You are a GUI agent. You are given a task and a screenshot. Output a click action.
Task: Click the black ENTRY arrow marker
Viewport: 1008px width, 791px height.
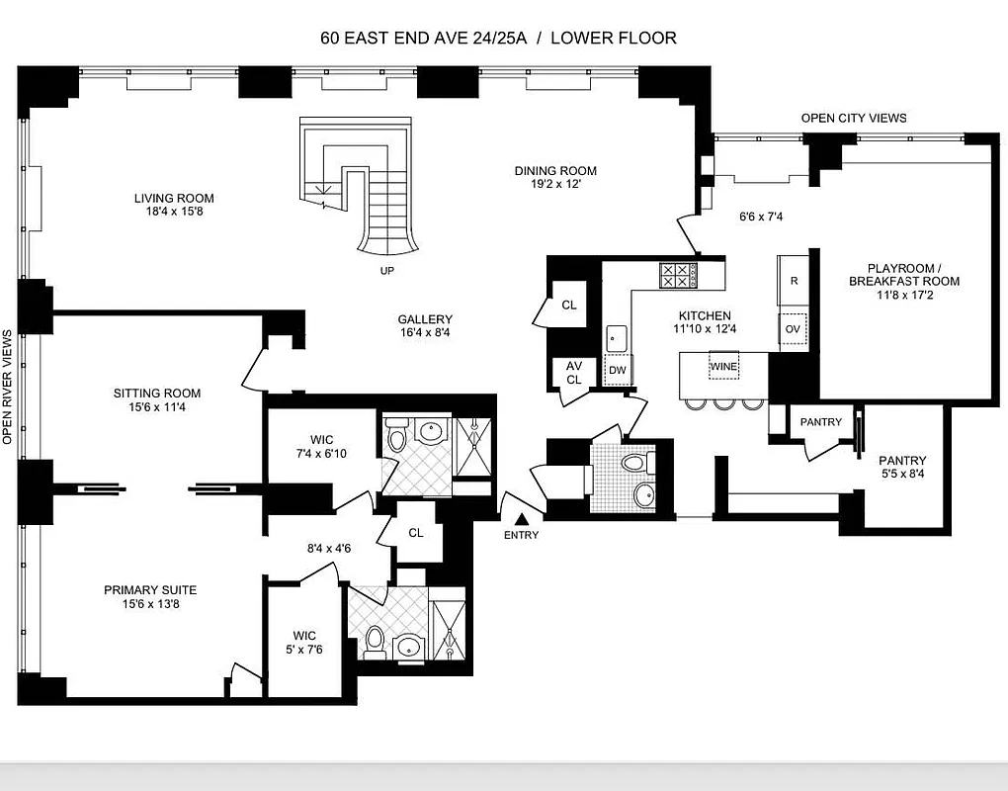[x=522, y=517]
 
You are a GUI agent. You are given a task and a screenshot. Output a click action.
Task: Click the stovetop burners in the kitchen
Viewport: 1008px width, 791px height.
[x=678, y=275]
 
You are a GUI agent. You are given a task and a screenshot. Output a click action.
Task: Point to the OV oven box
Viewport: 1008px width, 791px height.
[x=793, y=329]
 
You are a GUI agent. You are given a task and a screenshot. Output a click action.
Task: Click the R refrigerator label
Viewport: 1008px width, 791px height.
[x=794, y=281]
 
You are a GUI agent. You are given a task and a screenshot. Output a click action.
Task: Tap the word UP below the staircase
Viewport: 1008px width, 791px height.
[x=386, y=269]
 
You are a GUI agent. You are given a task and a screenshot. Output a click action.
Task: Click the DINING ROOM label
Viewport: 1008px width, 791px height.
[x=555, y=171]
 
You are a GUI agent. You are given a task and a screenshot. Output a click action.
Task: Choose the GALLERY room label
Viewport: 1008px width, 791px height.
[x=425, y=319]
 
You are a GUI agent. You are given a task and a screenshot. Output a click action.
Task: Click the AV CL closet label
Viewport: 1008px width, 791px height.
[x=573, y=372]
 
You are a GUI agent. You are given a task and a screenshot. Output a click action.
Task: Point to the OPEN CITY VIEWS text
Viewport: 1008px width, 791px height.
[x=853, y=118]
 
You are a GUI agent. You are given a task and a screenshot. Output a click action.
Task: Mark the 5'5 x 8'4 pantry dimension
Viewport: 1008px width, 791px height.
[x=902, y=474]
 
